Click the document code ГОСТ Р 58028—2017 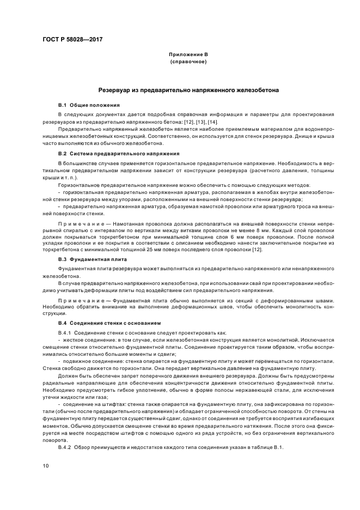coord(72,40)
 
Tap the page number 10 coord(46,466)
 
